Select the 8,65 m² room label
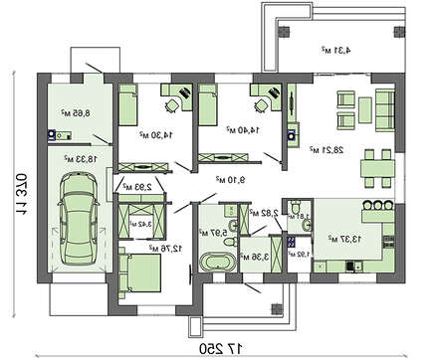pyautogui.click(x=75, y=113)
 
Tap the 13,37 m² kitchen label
pyautogui.click(x=334, y=239)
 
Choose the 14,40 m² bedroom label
pyautogui.click(x=241, y=130)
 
